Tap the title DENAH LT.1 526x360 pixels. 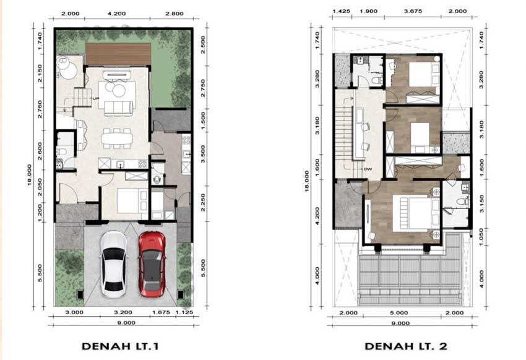tap(121, 346)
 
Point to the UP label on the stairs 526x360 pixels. tap(95, 99)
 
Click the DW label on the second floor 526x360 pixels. tap(367, 168)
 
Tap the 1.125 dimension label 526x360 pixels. tap(184, 313)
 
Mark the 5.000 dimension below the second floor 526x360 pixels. tap(402, 313)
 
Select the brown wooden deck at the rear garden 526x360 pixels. tap(118, 54)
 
